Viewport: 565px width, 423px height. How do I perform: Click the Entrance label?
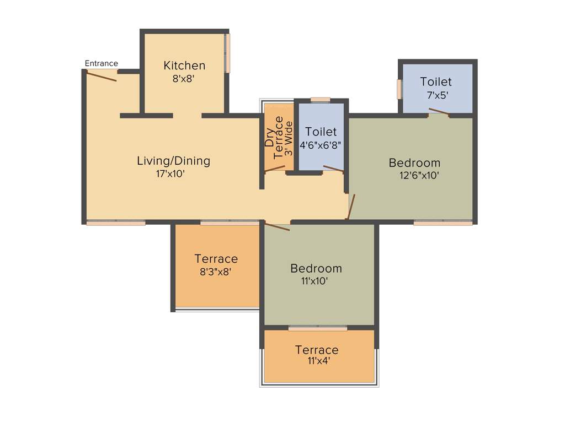(x=101, y=63)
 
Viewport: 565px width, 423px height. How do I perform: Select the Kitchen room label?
(x=184, y=66)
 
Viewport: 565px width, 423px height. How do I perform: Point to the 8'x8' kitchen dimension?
(x=184, y=79)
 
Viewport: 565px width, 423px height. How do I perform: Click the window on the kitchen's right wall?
(x=227, y=53)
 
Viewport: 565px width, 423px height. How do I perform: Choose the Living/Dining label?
(x=173, y=161)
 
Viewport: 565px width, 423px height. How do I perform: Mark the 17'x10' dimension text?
(x=170, y=174)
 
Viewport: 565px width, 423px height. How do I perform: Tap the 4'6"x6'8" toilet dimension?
(x=320, y=146)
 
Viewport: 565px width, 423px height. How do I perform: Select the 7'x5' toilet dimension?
(x=436, y=95)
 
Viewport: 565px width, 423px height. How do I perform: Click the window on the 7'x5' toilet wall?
(x=399, y=89)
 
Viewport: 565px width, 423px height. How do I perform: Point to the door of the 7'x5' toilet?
(x=439, y=113)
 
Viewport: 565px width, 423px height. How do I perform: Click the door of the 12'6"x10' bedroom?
(x=351, y=207)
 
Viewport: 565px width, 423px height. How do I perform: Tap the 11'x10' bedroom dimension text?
(x=316, y=281)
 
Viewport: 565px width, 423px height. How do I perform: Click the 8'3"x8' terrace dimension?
(x=216, y=271)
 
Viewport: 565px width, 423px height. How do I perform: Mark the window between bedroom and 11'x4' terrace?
(x=318, y=328)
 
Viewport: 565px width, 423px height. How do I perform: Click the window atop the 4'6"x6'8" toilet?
(x=320, y=100)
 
